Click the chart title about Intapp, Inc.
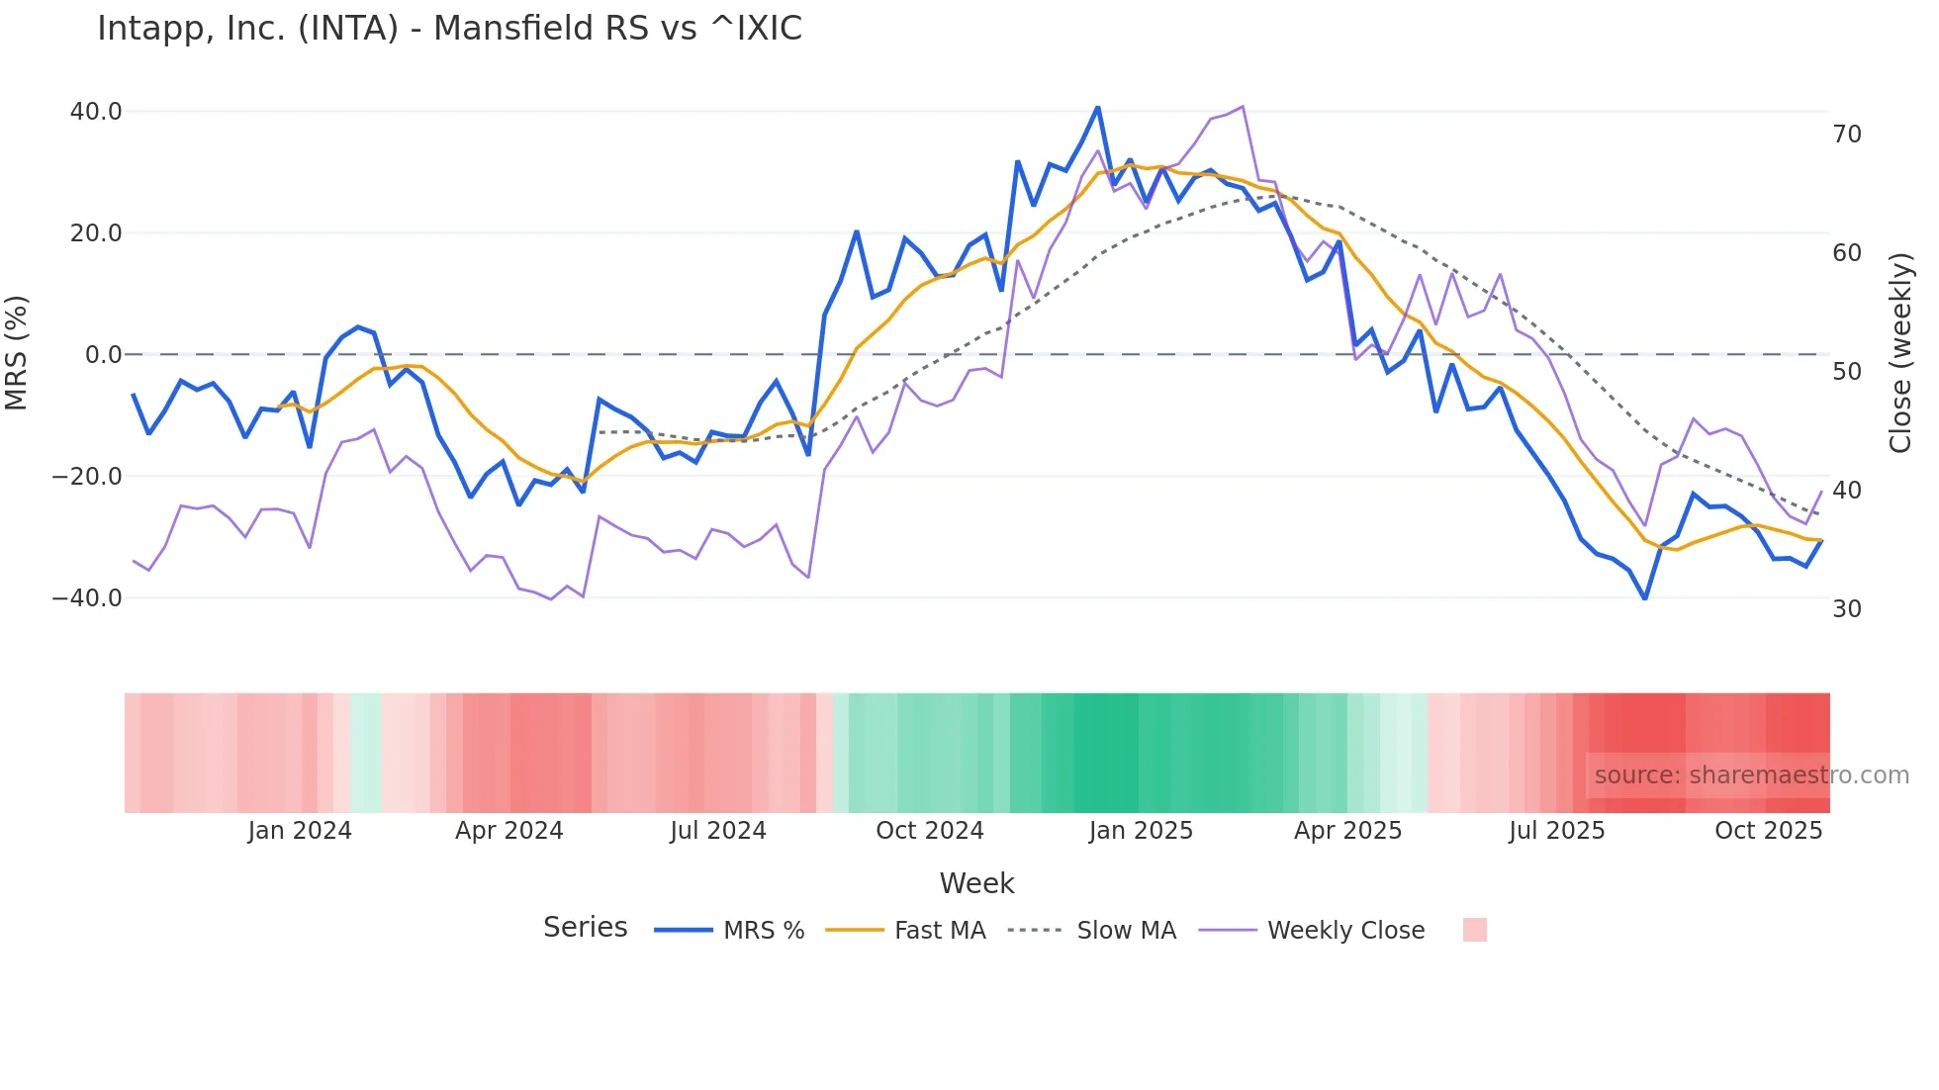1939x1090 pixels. [x=449, y=29]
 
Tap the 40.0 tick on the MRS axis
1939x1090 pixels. [x=96, y=112]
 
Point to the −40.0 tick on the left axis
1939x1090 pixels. [x=87, y=598]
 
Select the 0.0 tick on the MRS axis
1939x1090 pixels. [x=104, y=355]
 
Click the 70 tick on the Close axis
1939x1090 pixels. [x=1847, y=135]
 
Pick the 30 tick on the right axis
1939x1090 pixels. [x=1847, y=609]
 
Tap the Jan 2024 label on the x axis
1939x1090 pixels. [x=300, y=831]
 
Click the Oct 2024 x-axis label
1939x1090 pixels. [x=930, y=831]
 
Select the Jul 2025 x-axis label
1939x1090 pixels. [x=1557, y=831]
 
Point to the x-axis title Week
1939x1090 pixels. [x=976, y=883]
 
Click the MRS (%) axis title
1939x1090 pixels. [x=17, y=353]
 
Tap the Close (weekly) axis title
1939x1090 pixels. [x=1900, y=353]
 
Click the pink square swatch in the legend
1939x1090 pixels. [x=1475, y=930]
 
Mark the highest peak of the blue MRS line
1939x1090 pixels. [x=1098, y=107]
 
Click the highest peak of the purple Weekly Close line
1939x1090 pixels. [x=1243, y=107]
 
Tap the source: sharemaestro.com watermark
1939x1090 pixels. [x=1751, y=775]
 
